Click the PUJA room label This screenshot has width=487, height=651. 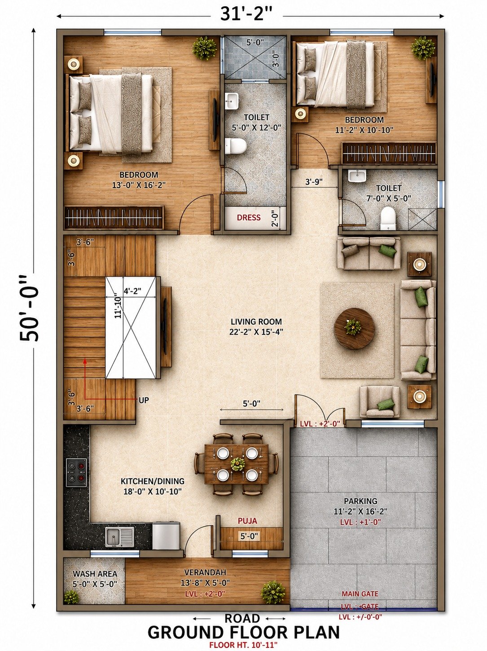[247, 520]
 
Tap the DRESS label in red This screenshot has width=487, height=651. [249, 217]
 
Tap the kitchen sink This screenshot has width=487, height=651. [120, 537]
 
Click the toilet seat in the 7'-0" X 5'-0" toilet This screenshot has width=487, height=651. [388, 218]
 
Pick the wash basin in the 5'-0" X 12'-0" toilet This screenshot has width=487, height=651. [232, 100]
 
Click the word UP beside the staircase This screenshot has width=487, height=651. [144, 400]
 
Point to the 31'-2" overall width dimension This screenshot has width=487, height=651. [246, 14]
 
